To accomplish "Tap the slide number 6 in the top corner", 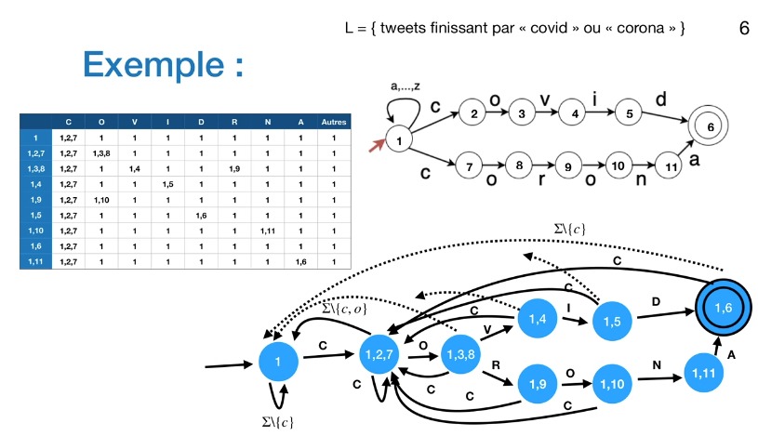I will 744,29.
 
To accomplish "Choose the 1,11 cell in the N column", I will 269,230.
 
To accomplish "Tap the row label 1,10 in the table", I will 34,230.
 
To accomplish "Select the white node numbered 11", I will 665,168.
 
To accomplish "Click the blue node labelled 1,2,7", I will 379,354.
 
